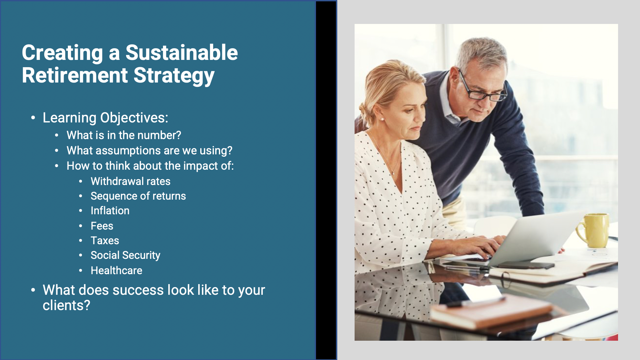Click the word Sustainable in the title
coord(181,53)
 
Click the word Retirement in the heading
coord(75,75)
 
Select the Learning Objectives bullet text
coord(105,118)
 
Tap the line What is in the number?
coord(124,135)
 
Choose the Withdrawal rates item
coord(130,181)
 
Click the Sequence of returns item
coord(138,196)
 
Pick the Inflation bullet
coord(110,211)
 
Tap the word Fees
coord(102,226)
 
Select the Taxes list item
coord(105,241)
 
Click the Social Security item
coord(125,255)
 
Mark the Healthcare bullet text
coord(116,270)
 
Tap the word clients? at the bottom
coord(67,305)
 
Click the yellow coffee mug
coord(595,230)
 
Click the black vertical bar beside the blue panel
coord(326,180)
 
